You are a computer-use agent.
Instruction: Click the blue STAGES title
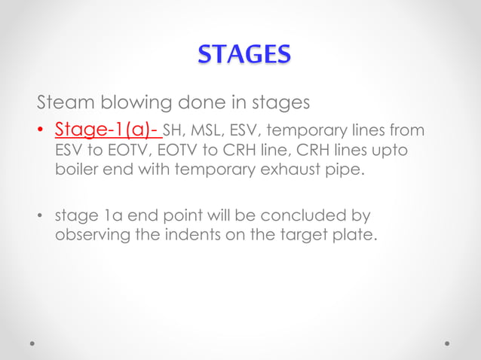coord(244,55)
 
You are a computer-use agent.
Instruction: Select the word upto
coord(390,151)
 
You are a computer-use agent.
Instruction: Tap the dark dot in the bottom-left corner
coord(32,343)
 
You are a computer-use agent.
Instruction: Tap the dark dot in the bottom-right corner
coord(448,343)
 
